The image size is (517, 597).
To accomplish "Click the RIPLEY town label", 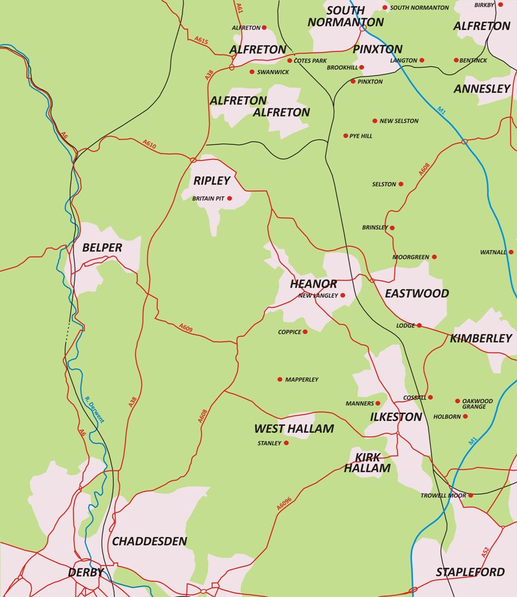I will tap(212, 180).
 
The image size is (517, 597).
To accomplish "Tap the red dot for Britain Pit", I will tap(230, 199).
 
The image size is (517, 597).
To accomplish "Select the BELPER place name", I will tap(102, 247).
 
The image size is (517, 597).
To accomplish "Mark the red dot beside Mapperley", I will tap(280, 379).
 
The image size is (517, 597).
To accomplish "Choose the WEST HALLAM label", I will tap(294, 429).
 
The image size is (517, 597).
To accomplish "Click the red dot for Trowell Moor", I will tap(470, 495).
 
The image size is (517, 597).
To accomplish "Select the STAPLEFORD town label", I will tap(470, 572).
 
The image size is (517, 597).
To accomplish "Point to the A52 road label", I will tap(485, 553).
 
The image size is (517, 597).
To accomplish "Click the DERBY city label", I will tap(86, 572).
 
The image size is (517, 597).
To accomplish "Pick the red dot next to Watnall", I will tap(511, 252).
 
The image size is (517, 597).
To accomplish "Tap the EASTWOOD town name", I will tap(417, 293).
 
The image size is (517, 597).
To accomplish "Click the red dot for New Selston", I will tap(375, 121).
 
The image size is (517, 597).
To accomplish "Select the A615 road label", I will tap(201, 41).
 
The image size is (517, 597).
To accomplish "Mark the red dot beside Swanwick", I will tap(252, 72).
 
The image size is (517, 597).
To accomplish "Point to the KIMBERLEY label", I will tap(481, 338).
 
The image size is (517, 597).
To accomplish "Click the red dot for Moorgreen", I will tap(434, 257).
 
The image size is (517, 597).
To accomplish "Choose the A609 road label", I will tap(186, 328).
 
